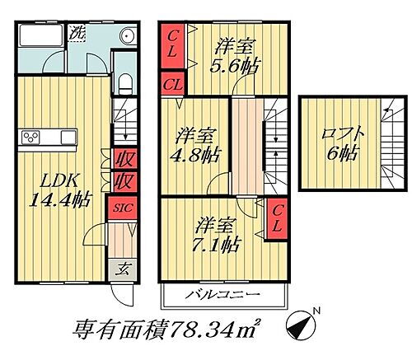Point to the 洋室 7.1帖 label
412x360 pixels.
coord(218,233)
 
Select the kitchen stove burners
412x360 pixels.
coord(35,136)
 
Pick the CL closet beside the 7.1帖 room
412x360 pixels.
coord(278,218)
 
